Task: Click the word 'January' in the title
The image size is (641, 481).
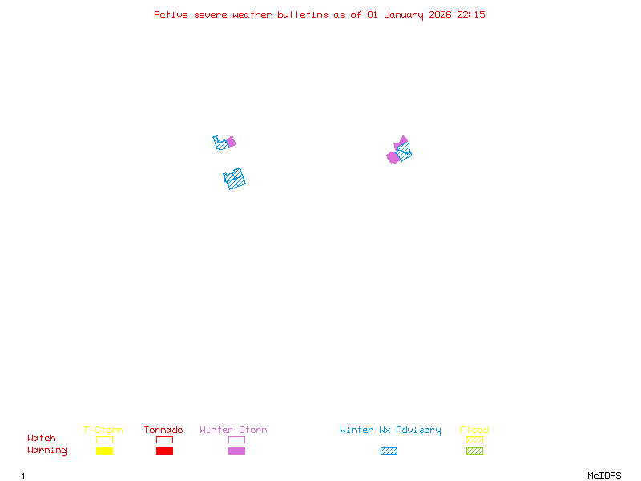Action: point(404,14)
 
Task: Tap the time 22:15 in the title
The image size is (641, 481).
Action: point(471,14)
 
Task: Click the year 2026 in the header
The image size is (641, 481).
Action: point(441,14)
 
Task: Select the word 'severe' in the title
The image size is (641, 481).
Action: point(211,14)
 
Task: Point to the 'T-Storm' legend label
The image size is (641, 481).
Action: point(103,430)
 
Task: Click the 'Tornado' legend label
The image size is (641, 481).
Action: point(163,430)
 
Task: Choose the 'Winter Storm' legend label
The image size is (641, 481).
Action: point(233,430)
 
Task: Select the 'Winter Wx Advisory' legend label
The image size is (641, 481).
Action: point(390,430)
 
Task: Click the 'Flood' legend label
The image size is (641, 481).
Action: point(474,430)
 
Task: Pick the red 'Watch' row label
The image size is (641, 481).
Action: point(42,439)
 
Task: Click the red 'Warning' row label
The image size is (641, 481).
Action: point(47,451)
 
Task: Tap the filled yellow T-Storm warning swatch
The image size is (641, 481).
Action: point(104,451)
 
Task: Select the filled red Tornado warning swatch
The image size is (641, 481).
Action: point(164,451)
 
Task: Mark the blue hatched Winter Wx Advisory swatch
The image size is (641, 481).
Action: point(389,451)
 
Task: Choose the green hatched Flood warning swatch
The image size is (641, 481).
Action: point(474,451)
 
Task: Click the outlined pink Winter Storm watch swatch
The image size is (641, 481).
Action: point(236,439)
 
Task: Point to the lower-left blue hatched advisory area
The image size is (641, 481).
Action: point(235,179)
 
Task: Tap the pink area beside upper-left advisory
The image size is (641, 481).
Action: point(232,142)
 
